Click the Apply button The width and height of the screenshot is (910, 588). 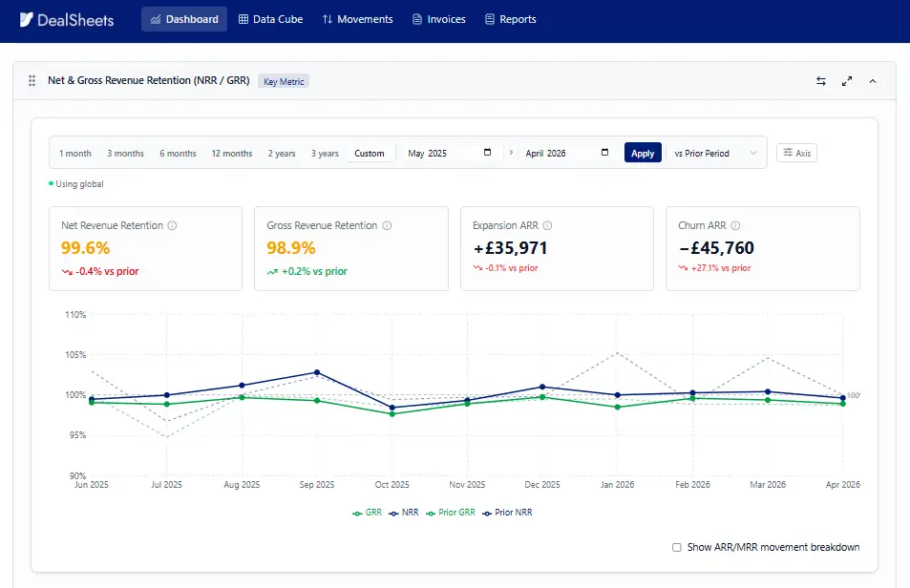pyautogui.click(x=643, y=153)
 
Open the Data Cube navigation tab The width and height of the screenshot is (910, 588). pyautogui.click(x=270, y=19)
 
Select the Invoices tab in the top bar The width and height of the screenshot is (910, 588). pyautogui.click(x=438, y=19)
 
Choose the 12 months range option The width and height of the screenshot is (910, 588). pyautogui.click(x=232, y=153)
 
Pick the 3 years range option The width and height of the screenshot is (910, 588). pyautogui.click(x=325, y=153)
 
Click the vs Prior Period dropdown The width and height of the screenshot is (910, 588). pyautogui.click(x=715, y=153)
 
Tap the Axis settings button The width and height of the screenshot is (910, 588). pyautogui.click(x=796, y=153)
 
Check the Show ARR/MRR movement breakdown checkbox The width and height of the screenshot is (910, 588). pyautogui.click(x=677, y=547)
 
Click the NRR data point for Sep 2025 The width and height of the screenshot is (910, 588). pyautogui.click(x=317, y=372)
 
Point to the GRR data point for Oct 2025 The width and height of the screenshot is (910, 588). pyautogui.click(x=392, y=414)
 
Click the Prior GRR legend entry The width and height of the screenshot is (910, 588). pyautogui.click(x=451, y=513)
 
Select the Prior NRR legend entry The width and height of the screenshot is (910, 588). pyautogui.click(x=507, y=513)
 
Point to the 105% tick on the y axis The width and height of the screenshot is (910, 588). pyautogui.click(x=75, y=355)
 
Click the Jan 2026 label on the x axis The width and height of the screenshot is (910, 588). pyautogui.click(x=618, y=485)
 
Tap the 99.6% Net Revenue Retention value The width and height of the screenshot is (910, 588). pyautogui.click(x=85, y=248)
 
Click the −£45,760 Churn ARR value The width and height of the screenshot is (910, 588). pyautogui.click(x=716, y=248)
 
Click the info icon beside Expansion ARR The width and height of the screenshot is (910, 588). pyautogui.click(x=547, y=225)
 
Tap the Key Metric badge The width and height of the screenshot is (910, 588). pyautogui.click(x=284, y=82)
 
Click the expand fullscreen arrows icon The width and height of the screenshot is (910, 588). pyautogui.click(x=847, y=81)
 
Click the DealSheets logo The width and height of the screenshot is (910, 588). pyautogui.click(x=67, y=20)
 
